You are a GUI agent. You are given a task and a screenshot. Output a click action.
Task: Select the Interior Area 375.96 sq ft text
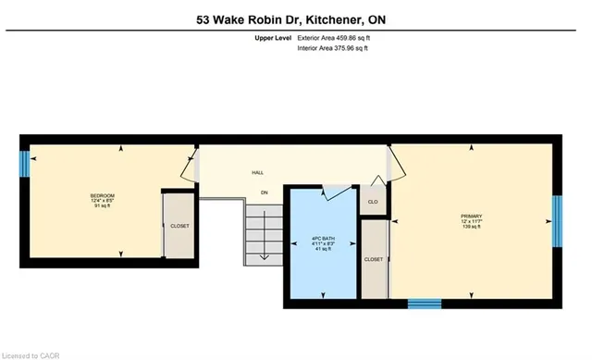coord(332,47)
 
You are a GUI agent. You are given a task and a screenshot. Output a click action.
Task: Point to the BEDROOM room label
coord(102,196)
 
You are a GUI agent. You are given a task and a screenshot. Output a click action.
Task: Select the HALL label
coord(257,172)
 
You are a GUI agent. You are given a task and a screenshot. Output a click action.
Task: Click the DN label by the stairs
coord(264,192)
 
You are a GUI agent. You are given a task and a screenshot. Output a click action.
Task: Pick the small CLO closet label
coord(373,201)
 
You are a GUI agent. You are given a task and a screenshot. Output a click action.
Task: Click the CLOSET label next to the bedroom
coord(179,226)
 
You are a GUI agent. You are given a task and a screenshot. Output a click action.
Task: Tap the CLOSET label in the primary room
coord(374,260)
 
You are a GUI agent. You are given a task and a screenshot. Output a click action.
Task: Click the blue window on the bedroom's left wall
coord(26,164)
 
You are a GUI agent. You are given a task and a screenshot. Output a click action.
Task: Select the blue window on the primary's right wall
coord(557,221)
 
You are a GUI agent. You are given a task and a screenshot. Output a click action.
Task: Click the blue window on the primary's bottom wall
coord(425,302)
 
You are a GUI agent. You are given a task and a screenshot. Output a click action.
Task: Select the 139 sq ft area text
coord(472,227)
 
